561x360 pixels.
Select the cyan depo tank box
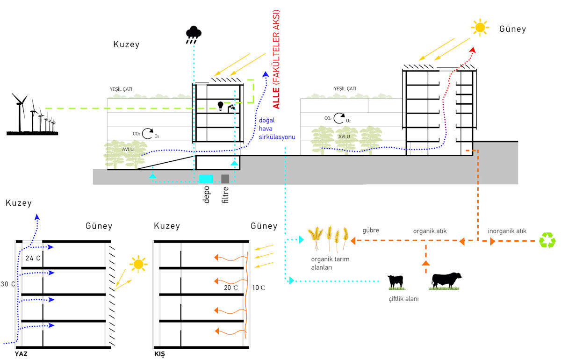[206, 179]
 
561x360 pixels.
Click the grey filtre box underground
[225, 179]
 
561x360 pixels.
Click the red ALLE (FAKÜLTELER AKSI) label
[276, 59]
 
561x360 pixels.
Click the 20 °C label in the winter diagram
[231, 288]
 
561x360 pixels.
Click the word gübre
[371, 230]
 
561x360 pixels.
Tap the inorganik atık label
[507, 231]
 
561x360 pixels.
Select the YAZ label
[21, 354]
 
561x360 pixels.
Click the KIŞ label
[159, 354]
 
